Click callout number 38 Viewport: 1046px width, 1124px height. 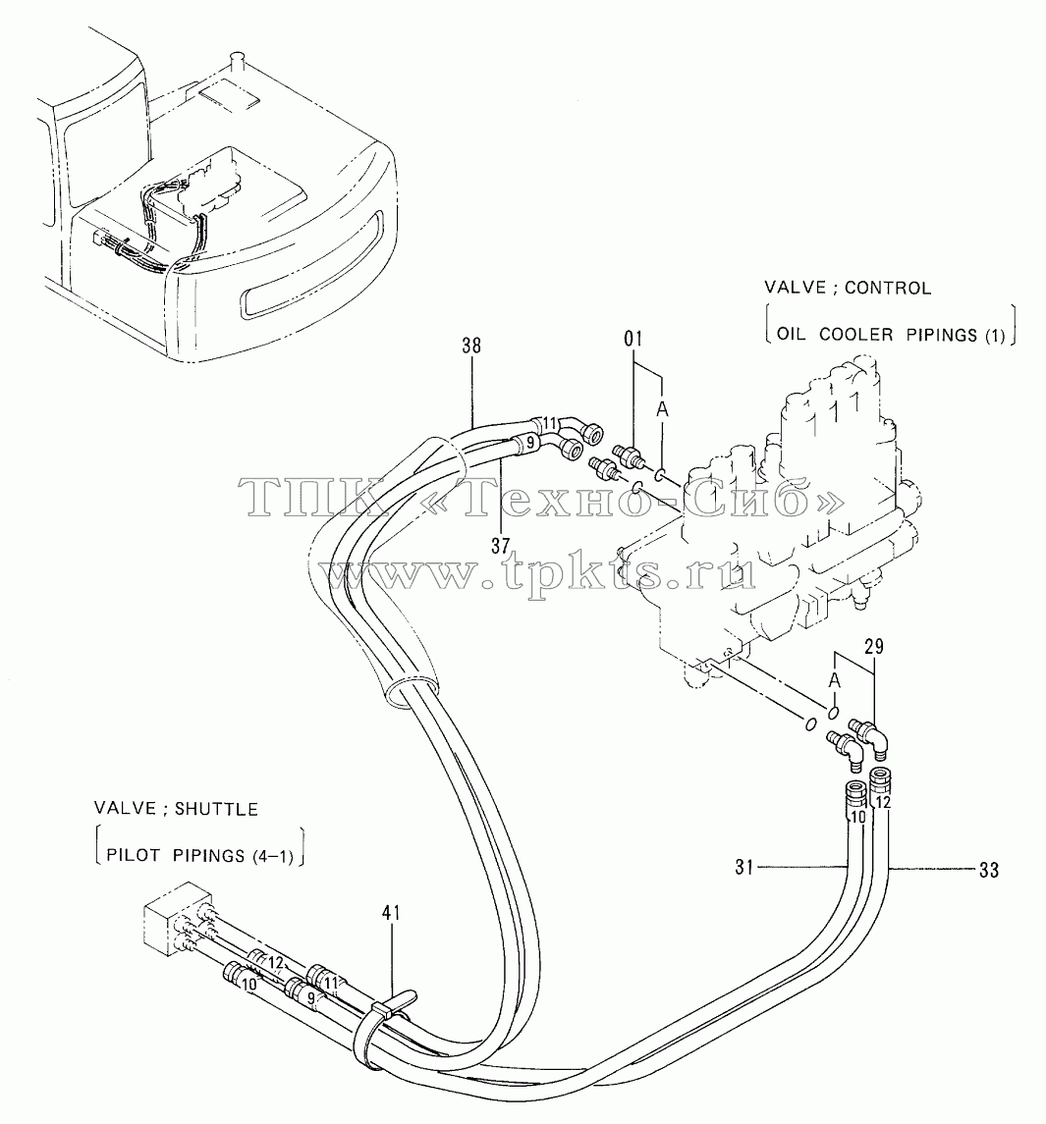click(471, 347)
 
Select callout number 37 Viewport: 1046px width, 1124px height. click(500, 546)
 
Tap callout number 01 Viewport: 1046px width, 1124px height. click(633, 339)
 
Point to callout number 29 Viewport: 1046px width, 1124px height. click(874, 647)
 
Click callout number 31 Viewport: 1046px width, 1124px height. click(744, 868)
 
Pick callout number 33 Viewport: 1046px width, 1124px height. click(989, 870)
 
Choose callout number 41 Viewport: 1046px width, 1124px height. click(391, 913)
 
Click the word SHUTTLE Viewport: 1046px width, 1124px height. click(217, 809)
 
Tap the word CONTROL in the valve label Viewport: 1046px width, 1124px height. click(888, 288)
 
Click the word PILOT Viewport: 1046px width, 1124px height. click(135, 855)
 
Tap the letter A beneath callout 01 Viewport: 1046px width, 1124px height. click(662, 409)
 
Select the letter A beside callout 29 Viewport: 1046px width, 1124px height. click(834, 679)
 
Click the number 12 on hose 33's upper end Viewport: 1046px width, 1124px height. click(884, 803)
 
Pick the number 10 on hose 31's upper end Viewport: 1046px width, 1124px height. click(858, 816)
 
